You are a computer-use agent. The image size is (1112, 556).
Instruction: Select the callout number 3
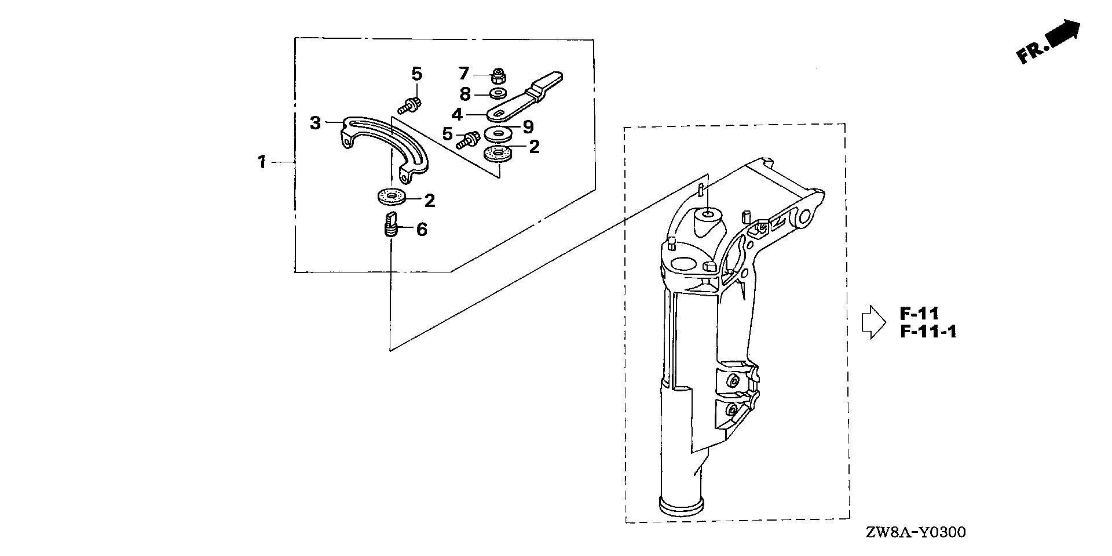click(x=315, y=123)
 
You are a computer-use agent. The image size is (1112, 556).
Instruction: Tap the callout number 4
click(x=457, y=114)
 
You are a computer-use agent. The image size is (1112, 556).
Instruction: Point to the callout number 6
click(x=422, y=230)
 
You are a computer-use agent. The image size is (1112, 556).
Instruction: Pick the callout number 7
click(x=463, y=74)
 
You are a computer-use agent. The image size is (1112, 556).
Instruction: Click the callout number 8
click(x=464, y=93)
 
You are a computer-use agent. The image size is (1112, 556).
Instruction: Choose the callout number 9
click(x=528, y=126)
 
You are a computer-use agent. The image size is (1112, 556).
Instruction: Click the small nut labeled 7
click(x=498, y=75)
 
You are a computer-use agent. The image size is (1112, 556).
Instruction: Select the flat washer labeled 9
click(x=496, y=133)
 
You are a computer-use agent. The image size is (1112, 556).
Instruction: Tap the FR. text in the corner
click(x=1031, y=52)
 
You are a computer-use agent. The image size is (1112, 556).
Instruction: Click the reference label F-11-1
click(x=928, y=332)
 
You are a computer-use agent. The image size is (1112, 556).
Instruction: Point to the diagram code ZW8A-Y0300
click(x=917, y=533)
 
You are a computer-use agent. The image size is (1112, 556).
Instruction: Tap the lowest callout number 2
click(x=429, y=201)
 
